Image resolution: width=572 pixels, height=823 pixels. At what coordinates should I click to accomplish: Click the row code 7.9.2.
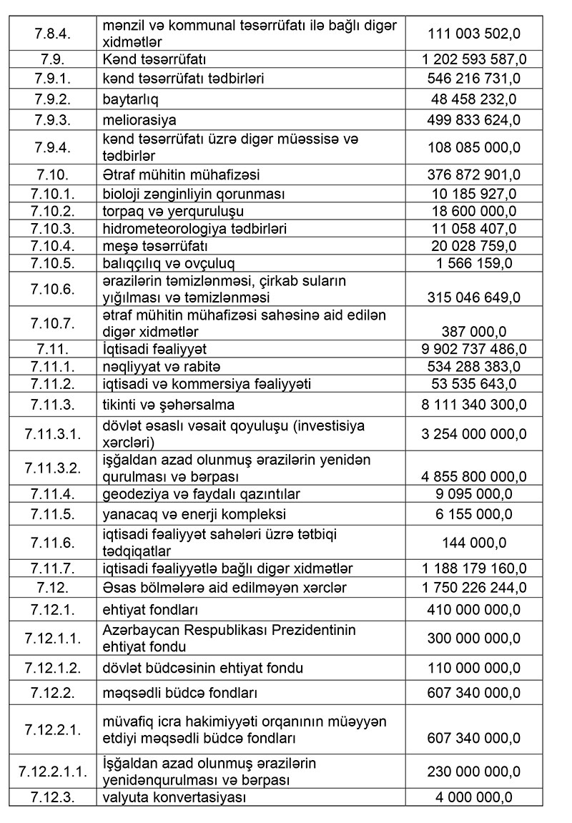(x=53, y=99)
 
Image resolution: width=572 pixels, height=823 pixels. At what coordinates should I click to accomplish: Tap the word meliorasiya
(x=139, y=119)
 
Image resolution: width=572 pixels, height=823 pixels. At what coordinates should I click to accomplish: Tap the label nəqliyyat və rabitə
(x=155, y=367)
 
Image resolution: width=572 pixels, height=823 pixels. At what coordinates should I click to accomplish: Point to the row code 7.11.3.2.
(x=53, y=467)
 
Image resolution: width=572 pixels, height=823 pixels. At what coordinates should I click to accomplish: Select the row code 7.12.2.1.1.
(x=53, y=772)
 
